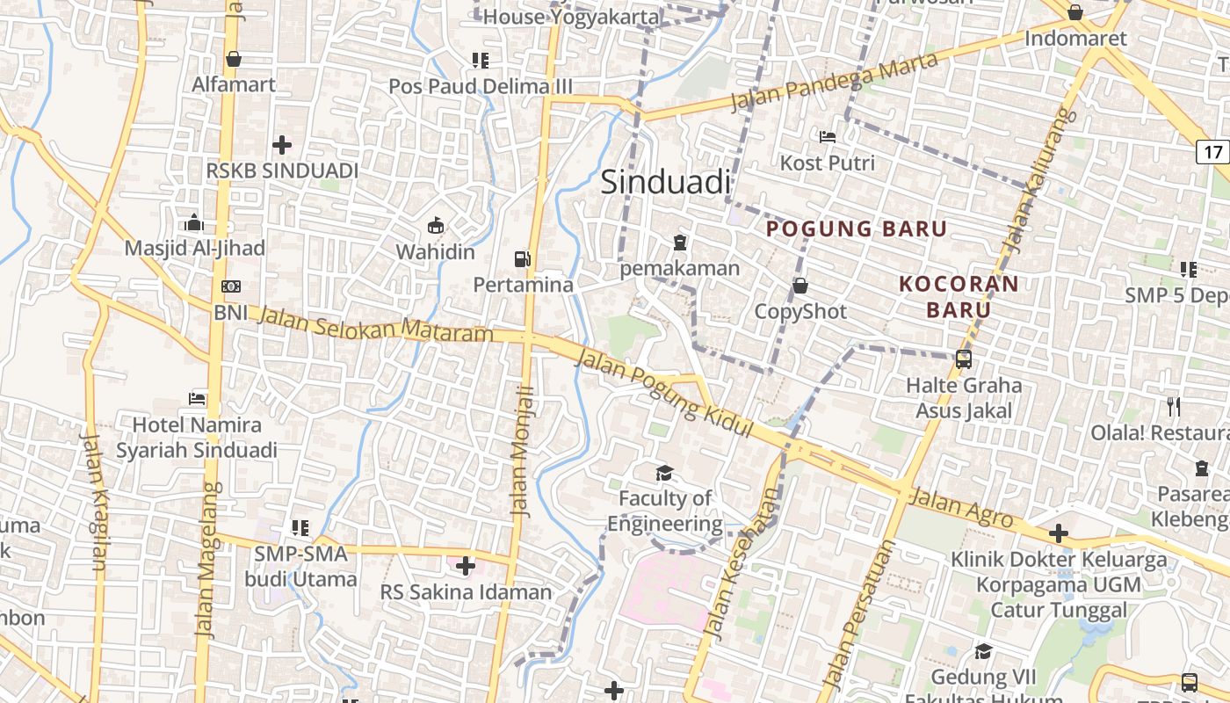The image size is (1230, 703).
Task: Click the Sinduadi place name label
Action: pyautogui.click(x=665, y=182)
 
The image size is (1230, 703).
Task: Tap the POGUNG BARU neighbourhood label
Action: pyautogui.click(x=857, y=229)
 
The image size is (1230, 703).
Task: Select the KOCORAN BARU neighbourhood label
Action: pyautogui.click(x=959, y=296)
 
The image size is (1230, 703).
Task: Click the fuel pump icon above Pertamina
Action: pyautogui.click(x=523, y=258)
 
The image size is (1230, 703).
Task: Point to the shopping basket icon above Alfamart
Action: pyautogui.click(x=234, y=59)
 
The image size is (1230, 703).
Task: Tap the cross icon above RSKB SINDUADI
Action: pyautogui.click(x=282, y=144)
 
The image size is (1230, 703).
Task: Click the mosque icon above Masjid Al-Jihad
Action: pyautogui.click(x=194, y=222)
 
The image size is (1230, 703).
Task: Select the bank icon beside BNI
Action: pyautogui.click(x=231, y=286)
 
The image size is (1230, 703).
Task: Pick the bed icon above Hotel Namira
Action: pyautogui.click(x=197, y=398)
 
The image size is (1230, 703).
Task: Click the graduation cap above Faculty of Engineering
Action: pyautogui.click(x=664, y=473)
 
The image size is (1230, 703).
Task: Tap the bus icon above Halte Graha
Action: pyautogui.click(x=964, y=359)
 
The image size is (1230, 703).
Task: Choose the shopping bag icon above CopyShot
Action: pyautogui.click(x=800, y=286)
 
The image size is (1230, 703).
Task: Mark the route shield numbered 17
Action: pyautogui.click(x=1213, y=151)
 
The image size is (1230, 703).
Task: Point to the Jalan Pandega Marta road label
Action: pyautogui.click(x=835, y=82)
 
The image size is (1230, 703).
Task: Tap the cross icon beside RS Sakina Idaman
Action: pyautogui.click(x=466, y=566)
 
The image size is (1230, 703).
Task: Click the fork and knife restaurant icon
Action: pyautogui.click(x=1173, y=406)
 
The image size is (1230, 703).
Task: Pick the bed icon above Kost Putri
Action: pyautogui.click(x=827, y=136)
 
